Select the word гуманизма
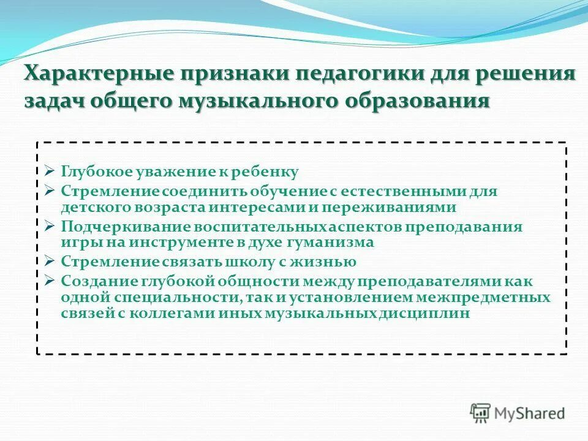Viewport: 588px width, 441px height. pos(336,242)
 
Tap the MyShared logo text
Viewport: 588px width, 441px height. pos(530,413)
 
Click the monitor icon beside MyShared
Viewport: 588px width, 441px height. pos(481,412)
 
